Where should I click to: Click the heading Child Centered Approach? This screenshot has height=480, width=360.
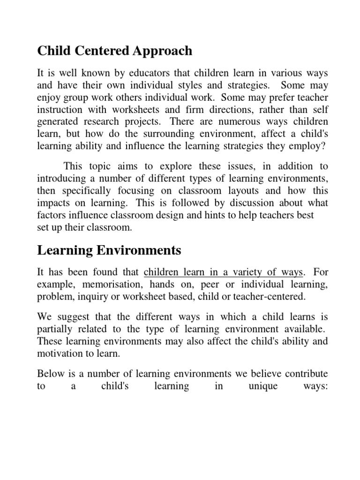tap(114, 51)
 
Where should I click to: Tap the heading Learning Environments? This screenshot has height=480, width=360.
tap(109, 250)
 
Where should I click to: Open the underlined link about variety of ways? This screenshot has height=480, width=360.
tap(224, 272)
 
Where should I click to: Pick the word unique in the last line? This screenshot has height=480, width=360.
tap(261, 387)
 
